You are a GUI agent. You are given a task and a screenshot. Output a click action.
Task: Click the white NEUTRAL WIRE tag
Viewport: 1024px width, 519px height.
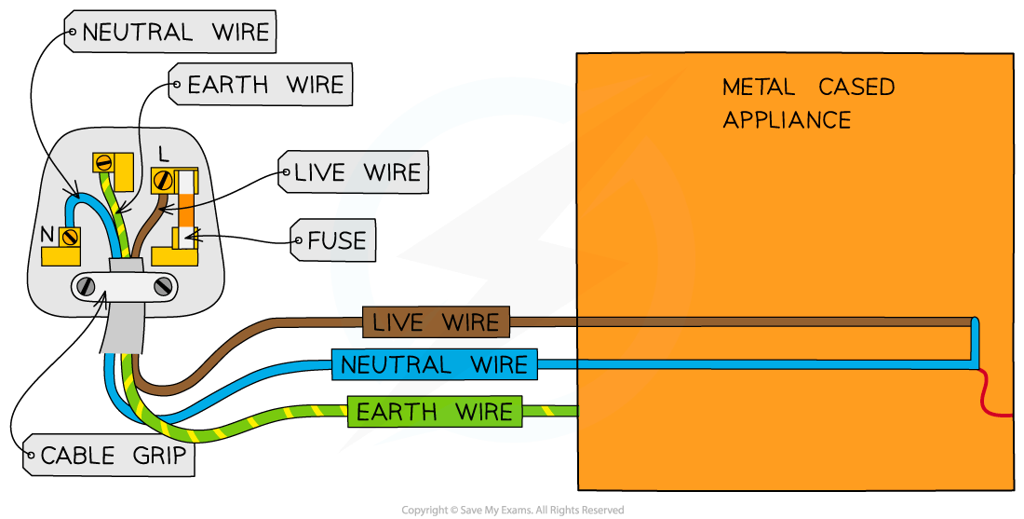click(x=174, y=34)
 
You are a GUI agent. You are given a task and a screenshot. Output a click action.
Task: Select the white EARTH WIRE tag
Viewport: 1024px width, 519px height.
click(x=264, y=86)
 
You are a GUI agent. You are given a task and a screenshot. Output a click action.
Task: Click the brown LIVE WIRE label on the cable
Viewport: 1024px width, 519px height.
click(x=436, y=322)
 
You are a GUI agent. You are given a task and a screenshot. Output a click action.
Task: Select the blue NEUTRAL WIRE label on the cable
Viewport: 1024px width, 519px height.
click(x=434, y=364)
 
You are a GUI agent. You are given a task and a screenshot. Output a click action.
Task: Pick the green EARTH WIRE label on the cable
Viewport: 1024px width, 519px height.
click(x=434, y=411)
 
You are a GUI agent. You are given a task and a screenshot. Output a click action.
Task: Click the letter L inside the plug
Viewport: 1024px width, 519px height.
click(x=164, y=151)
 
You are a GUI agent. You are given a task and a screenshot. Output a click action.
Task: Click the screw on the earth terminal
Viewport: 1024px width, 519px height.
click(x=104, y=162)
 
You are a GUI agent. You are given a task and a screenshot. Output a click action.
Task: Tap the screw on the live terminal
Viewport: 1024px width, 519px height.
click(x=164, y=178)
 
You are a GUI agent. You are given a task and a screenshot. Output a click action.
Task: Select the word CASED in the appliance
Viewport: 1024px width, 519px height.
click(x=856, y=88)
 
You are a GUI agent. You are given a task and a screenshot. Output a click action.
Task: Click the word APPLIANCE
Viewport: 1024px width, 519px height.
click(x=787, y=119)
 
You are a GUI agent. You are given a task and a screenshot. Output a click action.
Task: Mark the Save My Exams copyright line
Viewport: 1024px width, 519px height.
click(x=512, y=510)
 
